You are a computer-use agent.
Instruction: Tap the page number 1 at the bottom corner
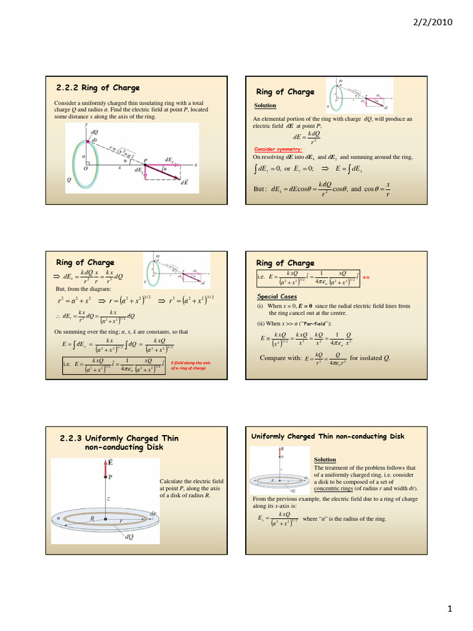click(x=450, y=609)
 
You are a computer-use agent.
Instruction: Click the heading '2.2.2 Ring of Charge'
click(x=98, y=88)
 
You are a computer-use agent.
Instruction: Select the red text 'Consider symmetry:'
click(x=278, y=149)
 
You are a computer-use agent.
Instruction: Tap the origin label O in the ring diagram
click(x=86, y=168)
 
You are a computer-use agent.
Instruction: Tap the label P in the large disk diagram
click(x=110, y=476)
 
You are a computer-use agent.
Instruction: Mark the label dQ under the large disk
click(x=129, y=537)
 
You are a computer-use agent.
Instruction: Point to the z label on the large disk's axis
click(x=107, y=499)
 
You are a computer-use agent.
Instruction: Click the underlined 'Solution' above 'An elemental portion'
click(x=265, y=105)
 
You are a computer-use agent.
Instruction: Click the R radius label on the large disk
click(x=92, y=519)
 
